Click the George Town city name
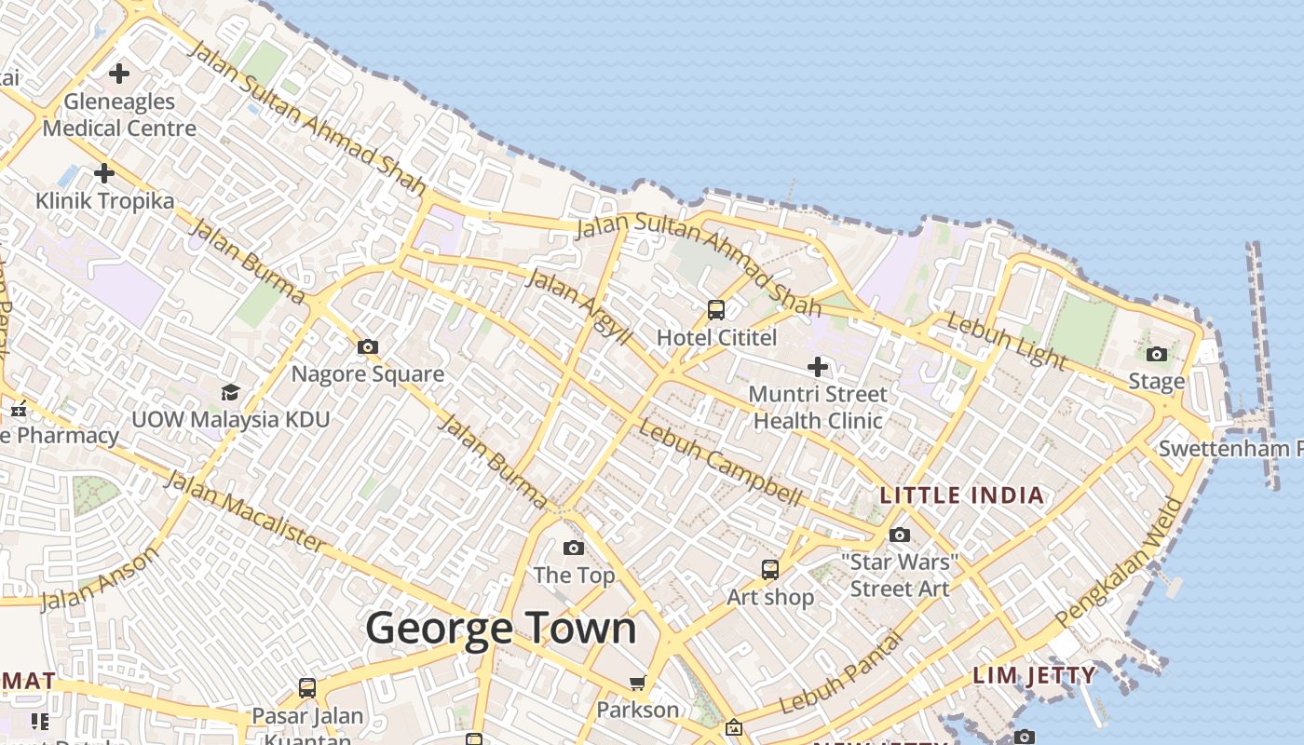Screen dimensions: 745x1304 click(x=501, y=629)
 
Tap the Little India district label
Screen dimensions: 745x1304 click(x=962, y=495)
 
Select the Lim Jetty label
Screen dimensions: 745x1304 click(x=1034, y=675)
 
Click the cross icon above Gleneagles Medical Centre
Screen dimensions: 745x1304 click(x=119, y=73)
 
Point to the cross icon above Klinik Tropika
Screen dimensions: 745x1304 click(x=104, y=173)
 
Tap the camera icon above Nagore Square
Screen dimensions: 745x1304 click(x=368, y=347)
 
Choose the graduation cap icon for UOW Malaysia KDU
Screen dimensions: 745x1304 click(x=230, y=392)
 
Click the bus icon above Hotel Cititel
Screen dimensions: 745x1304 click(x=716, y=310)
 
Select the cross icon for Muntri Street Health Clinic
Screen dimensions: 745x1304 click(x=817, y=367)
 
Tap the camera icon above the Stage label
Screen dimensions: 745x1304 click(x=1157, y=354)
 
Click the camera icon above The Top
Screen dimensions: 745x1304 click(x=574, y=548)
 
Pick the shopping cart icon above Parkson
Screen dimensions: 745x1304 click(x=638, y=684)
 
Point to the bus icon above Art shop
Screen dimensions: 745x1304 click(x=770, y=569)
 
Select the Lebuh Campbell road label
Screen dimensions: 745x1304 click(x=720, y=464)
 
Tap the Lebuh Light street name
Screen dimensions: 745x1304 click(x=1006, y=341)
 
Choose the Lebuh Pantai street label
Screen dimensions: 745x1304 click(x=842, y=672)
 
